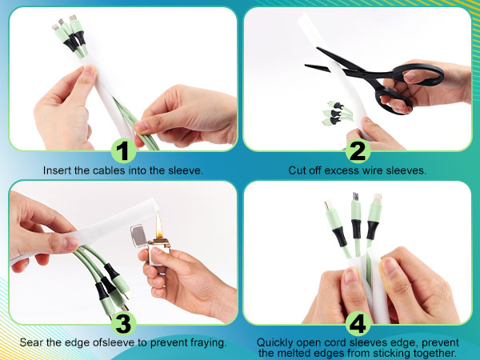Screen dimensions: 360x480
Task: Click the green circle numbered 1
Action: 122,151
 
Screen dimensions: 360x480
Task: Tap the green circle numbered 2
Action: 358,151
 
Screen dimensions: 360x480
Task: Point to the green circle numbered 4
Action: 358,324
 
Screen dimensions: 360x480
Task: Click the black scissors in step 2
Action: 376,76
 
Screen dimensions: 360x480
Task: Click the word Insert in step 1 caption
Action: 57,171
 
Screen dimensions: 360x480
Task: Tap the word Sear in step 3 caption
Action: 33,343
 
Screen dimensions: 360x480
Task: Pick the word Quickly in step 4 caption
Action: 275,342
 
